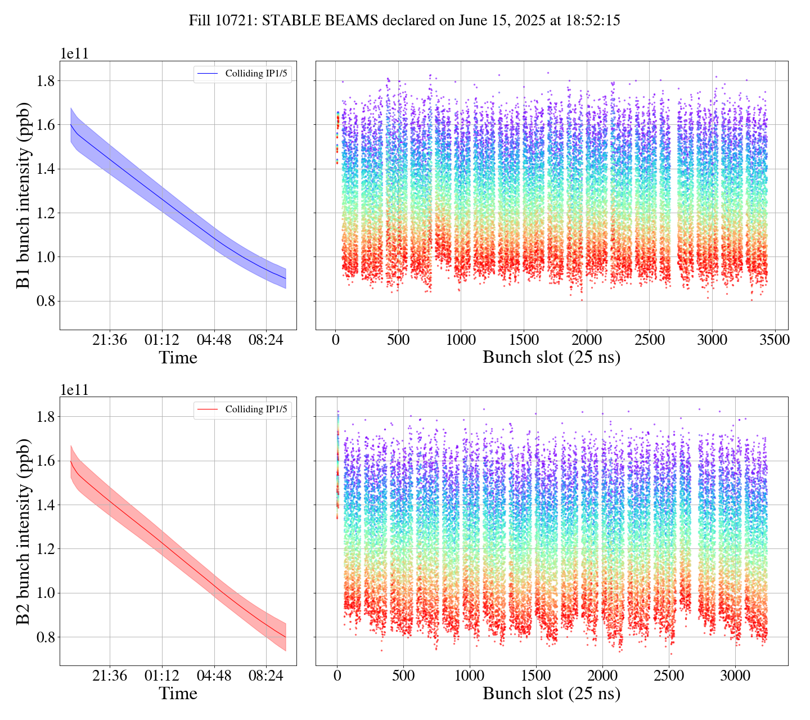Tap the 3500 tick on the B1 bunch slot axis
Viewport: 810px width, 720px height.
pos(775,340)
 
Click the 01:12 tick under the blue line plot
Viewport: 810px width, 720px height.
pos(162,340)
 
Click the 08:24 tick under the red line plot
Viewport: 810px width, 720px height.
pos(266,676)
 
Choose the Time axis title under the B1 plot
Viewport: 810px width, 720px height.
pos(178,358)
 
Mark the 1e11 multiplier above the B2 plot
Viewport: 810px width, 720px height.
pos(75,390)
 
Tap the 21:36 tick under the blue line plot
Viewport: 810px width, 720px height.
pos(110,340)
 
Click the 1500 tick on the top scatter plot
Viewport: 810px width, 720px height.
pos(523,340)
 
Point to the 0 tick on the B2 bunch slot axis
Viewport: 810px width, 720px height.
pos(337,676)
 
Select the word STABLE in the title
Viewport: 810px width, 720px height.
pos(291,21)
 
